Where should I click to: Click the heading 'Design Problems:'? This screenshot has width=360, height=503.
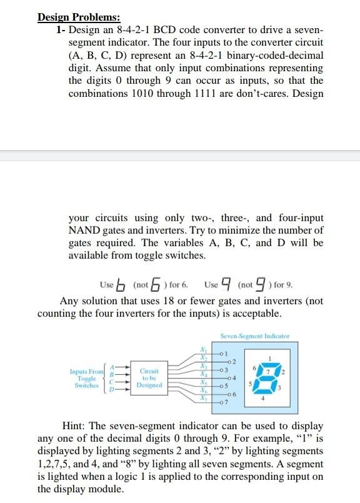coord(79,17)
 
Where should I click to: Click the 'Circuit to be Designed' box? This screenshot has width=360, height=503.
coord(149,377)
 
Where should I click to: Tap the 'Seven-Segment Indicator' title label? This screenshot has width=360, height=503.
coord(254,336)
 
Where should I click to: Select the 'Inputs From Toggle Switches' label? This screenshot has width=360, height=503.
coord(86,379)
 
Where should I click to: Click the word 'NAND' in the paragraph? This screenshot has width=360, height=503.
coord(86,229)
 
